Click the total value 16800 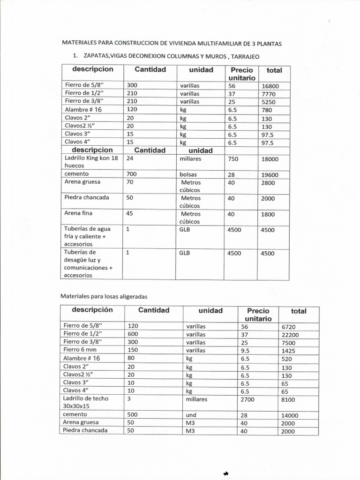pyautogui.click(x=270, y=86)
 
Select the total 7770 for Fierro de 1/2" pyautogui.click(x=268, y=94)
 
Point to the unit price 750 pyautogui.click(x=233, y=159)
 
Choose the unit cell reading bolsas pyautogui.click(x=188, y=175)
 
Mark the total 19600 pyautogui.click(x=270, y=175)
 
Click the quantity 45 pyautogui.click(x=130, y=213)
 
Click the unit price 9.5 pyautogui.click(x=244, y=350)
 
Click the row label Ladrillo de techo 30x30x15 pyautogui.click(x=85, y=403)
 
